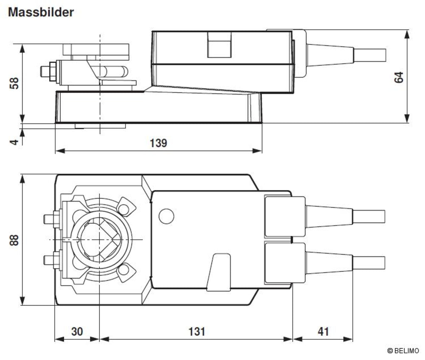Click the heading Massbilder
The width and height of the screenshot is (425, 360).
click(41, 12)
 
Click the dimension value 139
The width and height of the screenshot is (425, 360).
click(158, 143)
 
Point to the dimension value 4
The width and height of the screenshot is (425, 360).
click(14, 140)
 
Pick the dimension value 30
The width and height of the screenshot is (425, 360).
click(76, 332)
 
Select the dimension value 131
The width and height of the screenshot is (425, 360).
click(195, 332)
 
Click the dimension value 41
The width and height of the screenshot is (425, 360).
click(323, 332)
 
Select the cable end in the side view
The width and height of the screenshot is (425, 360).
click(370, 55)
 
